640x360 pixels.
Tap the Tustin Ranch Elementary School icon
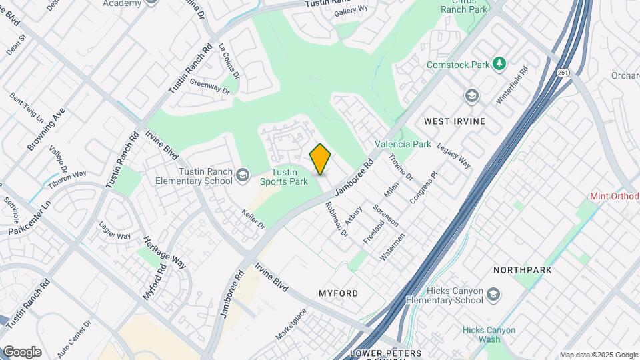click(242, 174)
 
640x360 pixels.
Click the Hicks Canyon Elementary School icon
click(493, 294)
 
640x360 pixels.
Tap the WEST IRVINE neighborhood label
click(455, 121)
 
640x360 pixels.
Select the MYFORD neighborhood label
click(338, 293)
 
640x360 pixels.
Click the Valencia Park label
click(403, 144)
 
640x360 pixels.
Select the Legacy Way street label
click(454, 155)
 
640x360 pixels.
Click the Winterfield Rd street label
click(512, 84)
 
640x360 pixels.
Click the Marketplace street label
click(291, 324)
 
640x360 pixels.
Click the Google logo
click(22, 352)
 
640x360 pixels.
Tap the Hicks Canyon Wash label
click(489, 335)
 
